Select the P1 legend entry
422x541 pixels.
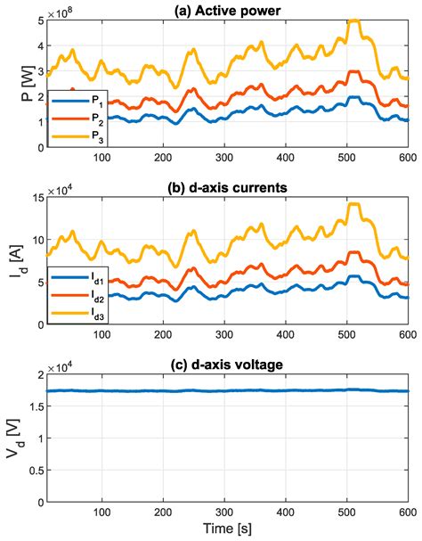click(x=72, y=103)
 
